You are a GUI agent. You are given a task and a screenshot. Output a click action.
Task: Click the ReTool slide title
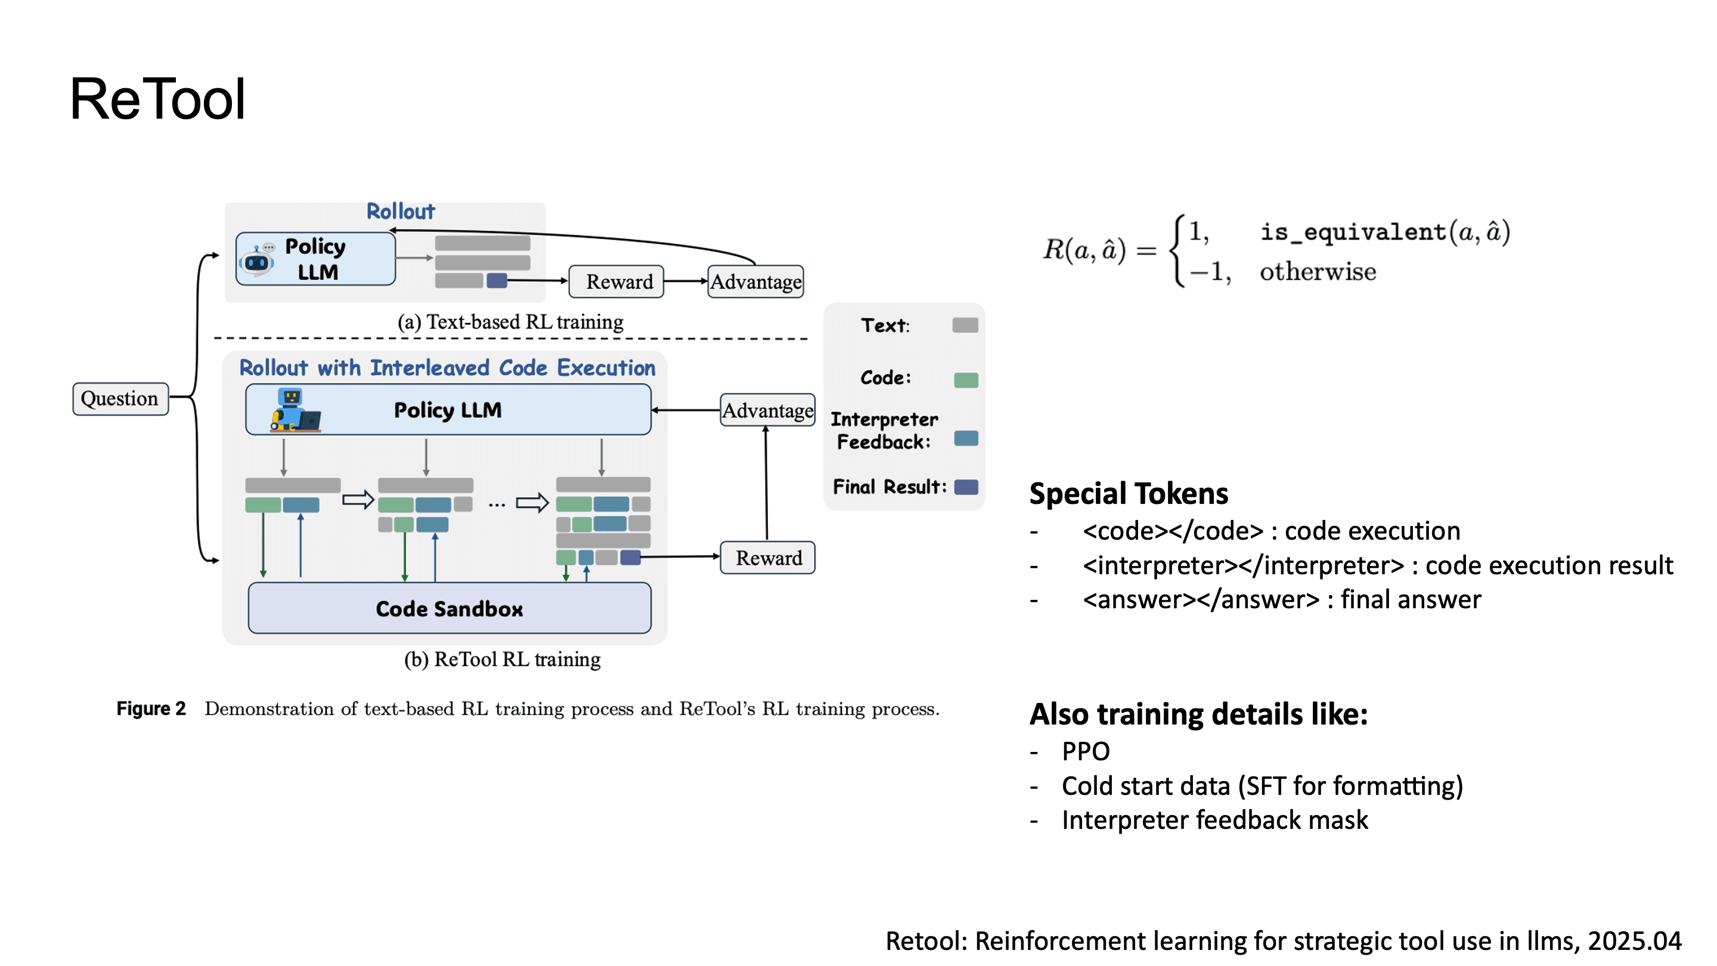pos(157,100)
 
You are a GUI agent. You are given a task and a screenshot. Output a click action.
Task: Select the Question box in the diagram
pos(120,399)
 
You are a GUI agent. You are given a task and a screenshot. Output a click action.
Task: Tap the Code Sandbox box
pos(450,608)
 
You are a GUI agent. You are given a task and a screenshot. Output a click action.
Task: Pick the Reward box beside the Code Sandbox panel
pos(768,558)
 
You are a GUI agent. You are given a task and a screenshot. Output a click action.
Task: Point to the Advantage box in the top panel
pos(755,281)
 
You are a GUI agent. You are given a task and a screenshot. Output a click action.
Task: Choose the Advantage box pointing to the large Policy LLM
pos(767,410)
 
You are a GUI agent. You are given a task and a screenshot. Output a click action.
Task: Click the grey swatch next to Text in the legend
pos(965,326)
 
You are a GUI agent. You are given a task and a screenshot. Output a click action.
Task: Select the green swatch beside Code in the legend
pos(965,380)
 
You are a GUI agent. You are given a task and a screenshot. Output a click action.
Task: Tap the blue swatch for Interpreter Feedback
pos(965,438)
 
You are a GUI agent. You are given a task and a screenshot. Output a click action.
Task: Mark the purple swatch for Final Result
pos(965,487)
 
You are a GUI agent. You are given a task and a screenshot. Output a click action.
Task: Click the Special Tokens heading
pos(1128,494)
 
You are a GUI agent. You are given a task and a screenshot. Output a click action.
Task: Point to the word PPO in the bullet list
pos(1085,751)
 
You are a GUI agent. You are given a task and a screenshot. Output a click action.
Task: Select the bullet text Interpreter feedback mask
pos(1214,820)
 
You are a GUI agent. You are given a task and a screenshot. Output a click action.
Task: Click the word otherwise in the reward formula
pos(1317,272)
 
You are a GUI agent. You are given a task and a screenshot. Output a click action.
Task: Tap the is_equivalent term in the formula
pos(1353,232)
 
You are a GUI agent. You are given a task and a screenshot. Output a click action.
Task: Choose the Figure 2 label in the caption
pos(151,708)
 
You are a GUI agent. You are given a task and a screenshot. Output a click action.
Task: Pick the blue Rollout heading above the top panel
pos(400,211)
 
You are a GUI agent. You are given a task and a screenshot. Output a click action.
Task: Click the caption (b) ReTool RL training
pos(502,659)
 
